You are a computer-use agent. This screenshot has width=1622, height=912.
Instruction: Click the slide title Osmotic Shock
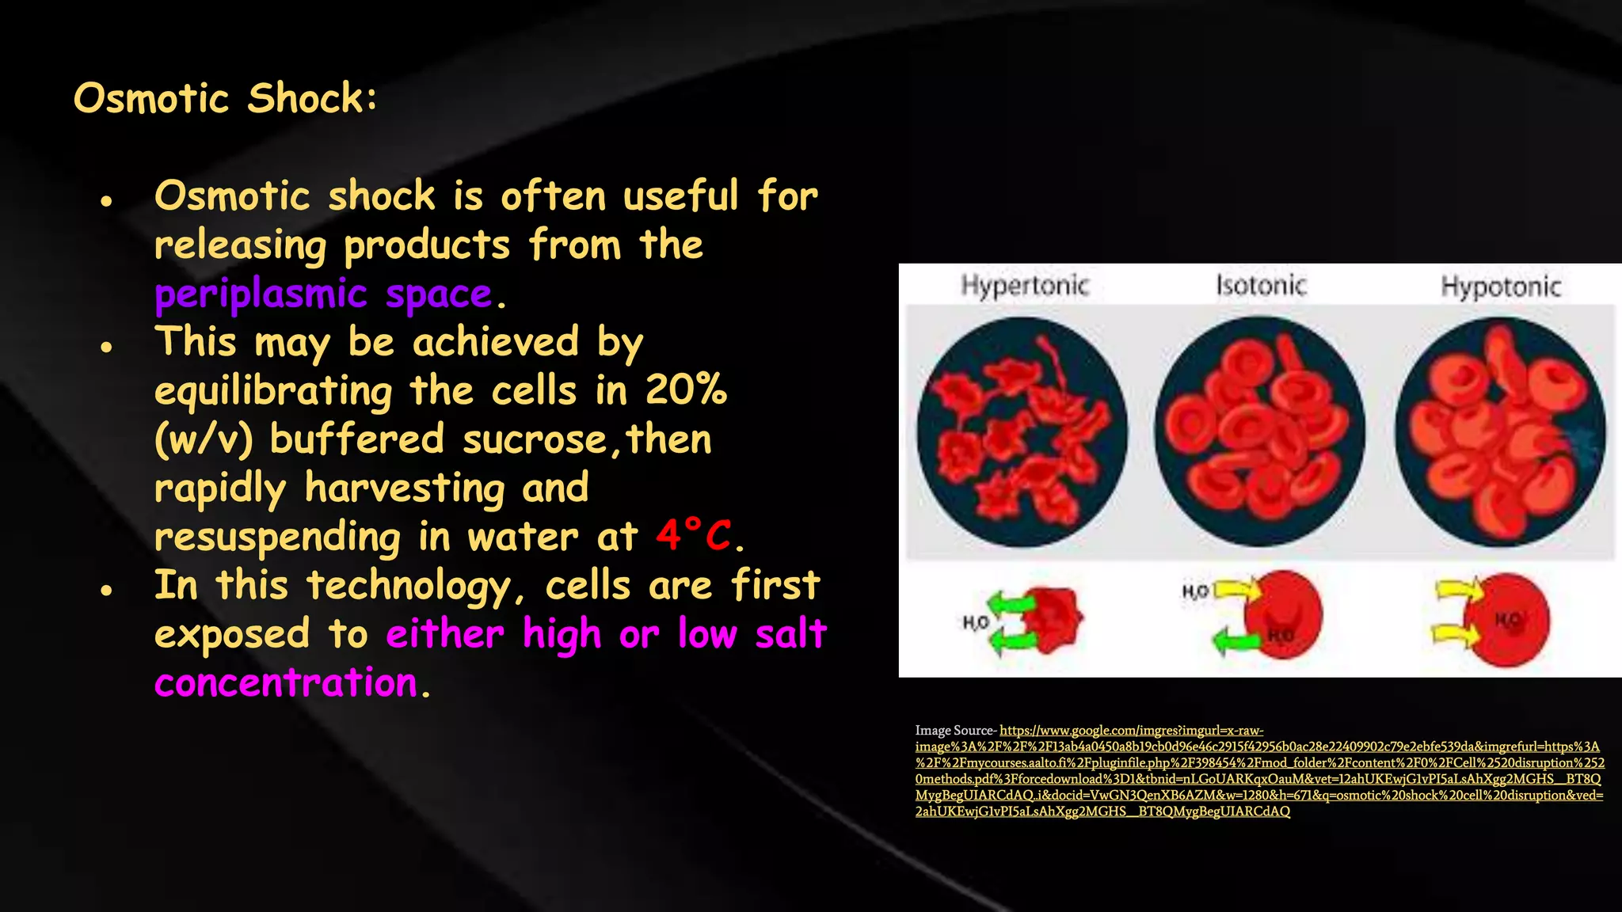point(225,99)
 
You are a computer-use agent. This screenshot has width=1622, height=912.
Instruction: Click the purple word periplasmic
point(261,294)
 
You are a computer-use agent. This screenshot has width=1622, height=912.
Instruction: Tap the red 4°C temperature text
point(694,535)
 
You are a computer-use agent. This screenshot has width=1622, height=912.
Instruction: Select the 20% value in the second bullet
point(686,390)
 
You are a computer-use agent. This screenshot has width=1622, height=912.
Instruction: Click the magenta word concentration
point(286,683)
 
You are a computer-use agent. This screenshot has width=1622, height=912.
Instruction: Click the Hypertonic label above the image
point(1025,285)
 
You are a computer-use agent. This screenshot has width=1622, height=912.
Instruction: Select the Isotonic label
point(1261,285)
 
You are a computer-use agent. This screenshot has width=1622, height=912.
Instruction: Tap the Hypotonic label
point(1500,286)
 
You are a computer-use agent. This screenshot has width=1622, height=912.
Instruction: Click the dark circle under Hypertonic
point(1022,431)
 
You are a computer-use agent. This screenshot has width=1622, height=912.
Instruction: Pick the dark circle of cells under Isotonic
point(1259,431)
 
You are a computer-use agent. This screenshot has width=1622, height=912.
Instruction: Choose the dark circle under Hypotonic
point(1500,431)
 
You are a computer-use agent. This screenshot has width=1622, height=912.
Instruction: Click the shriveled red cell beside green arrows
point(1053,619)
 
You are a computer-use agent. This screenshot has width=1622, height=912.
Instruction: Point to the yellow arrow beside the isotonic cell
point(1236,590)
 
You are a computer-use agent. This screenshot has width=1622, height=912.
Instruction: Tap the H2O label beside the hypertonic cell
point(976,623)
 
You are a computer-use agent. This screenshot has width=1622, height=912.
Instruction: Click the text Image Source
point(954,731)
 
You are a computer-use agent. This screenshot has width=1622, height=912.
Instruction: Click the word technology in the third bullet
point(409,586)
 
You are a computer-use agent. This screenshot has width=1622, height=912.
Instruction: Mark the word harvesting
point(405,488)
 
